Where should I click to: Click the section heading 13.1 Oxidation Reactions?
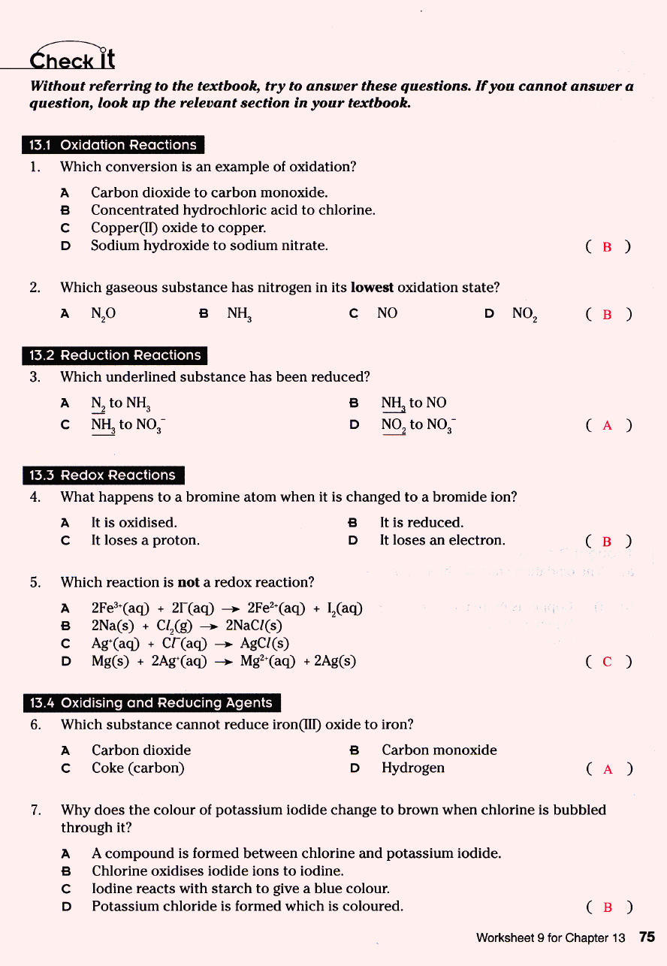(113, 145)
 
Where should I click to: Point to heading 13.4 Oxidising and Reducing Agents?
(150, 702)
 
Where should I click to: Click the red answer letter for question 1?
(607, 247)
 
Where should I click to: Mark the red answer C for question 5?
(607, 662)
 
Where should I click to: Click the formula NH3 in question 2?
(239, 313)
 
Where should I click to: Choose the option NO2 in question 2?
(524, 313)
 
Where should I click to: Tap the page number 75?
(647, 937)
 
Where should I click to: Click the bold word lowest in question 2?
(372, 288)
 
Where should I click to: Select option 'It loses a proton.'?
(145, 540)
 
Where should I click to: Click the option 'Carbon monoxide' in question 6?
(439, 750)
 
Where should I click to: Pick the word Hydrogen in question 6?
(412, 768)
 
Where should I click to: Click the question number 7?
(35, 810)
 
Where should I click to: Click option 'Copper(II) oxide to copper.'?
(179, 228)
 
